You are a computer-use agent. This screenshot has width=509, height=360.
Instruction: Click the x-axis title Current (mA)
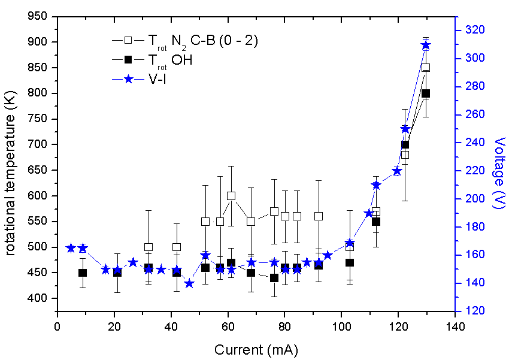(256, 349)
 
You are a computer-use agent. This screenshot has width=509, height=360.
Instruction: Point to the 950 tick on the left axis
(40, 17)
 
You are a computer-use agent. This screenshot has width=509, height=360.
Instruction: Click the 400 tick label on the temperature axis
(40, 298)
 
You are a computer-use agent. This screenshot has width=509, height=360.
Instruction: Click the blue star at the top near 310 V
(426, 45)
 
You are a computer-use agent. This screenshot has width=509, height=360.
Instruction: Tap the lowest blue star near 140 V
(189, 283)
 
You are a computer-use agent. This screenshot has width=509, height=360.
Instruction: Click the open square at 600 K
(231, 196)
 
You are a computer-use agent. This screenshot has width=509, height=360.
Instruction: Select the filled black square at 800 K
(426, 93)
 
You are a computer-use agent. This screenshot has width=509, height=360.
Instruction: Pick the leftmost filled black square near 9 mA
(83, 273)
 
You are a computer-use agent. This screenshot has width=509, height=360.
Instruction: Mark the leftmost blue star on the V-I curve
(71, 248)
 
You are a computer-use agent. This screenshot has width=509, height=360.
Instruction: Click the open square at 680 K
(405, 155)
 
